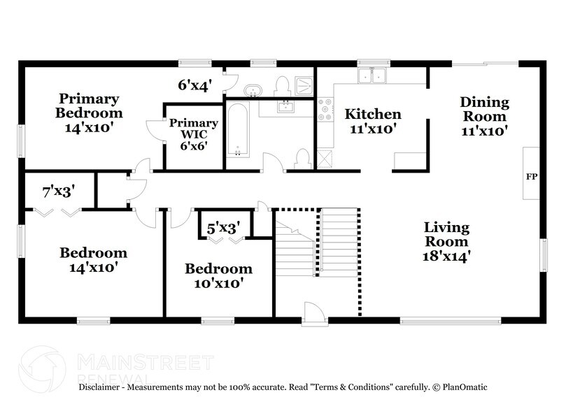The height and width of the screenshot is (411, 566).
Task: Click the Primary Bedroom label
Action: click(90, 113)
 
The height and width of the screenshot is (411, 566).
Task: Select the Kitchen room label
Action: click(374, 120)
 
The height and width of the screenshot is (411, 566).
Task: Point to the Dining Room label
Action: click(484, 116)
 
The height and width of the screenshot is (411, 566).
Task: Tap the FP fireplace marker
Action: click(531, 176)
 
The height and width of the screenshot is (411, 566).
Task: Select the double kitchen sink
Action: click(372, 75)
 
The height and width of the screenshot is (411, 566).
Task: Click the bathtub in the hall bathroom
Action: click(238, 133)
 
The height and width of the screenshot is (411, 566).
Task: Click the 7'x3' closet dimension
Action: click(58, 189)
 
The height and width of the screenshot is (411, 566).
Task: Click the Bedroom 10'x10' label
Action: click(218, 275)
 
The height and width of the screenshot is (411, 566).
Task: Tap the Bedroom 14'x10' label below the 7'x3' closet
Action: click(93, 259)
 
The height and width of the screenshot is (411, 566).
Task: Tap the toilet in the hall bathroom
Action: click(303, 159)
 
